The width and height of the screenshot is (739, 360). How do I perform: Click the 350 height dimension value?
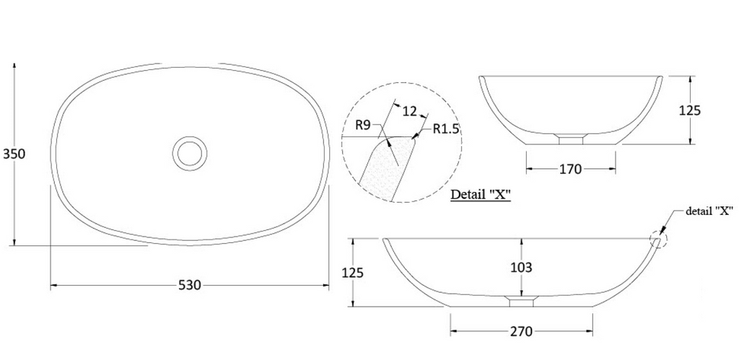click(x=14, y=154)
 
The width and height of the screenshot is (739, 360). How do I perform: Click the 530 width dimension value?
click(x=189, y=285)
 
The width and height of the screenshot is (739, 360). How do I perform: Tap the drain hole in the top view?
click(x=190, y=152)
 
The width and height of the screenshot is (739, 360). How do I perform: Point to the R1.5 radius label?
click(x=447, y=129)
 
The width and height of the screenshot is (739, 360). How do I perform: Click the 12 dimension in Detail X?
click(x=410, y=111)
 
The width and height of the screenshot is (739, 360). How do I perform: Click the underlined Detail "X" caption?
click(x=481, y=195)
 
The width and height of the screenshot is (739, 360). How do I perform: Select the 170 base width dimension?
click(x=570, y=170)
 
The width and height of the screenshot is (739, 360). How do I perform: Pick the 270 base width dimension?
click(x=521, y=331)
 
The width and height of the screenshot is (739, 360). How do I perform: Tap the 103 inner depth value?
click(x=521, y=267)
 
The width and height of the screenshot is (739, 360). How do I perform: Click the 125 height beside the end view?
click(x=691, y=110)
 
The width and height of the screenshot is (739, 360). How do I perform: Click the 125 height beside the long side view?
click(x=352, y=273)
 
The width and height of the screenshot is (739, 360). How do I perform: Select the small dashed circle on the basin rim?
click(x=659, y=240)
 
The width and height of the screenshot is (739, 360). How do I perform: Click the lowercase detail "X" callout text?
click(x=709, y=211)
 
